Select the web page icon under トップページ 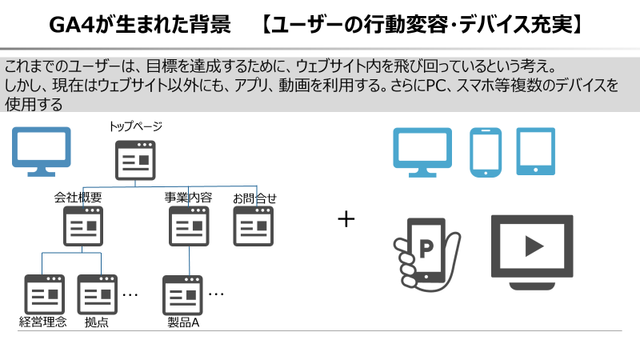point(135,160)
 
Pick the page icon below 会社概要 point(83,226)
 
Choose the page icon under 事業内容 point(189,226)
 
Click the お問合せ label point(255,197)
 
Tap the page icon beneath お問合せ point(254,226)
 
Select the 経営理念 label point(43,322)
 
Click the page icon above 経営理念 point(44,294)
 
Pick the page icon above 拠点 point(97,294)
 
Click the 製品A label point(183,322)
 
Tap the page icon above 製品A point(183,294)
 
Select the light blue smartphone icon point(485,151)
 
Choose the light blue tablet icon point(535,151)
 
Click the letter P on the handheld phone point(426,249)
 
